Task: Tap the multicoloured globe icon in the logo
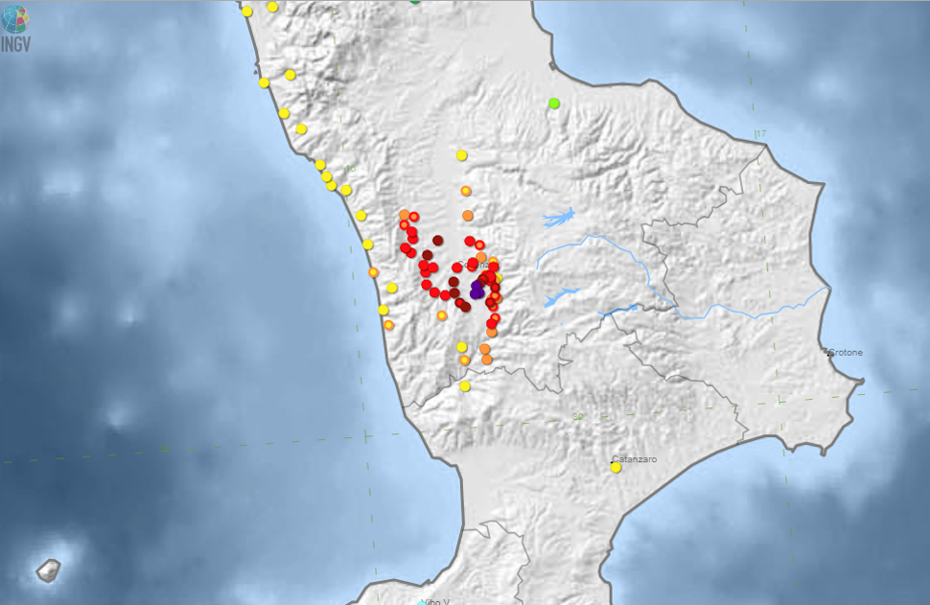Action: [15, 19]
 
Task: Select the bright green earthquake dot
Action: [553, 103]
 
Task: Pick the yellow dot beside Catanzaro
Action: [616, 468]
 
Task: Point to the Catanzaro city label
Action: [635, 459]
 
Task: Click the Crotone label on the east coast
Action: [846, 352]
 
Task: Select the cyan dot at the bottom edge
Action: [421, 603]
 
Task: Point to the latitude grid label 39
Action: [576, 416]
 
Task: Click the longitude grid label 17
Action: [760, 133]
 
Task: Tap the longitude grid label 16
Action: [350, 170]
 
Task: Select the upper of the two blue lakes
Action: [559, 219]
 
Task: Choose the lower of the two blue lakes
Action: [561, 296]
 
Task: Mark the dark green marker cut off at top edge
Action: [414, 2]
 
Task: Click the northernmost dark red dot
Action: [437, 240]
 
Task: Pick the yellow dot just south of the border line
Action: [465, 386]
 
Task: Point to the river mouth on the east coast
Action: [826, 288]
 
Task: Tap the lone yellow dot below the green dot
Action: [461, 155]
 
